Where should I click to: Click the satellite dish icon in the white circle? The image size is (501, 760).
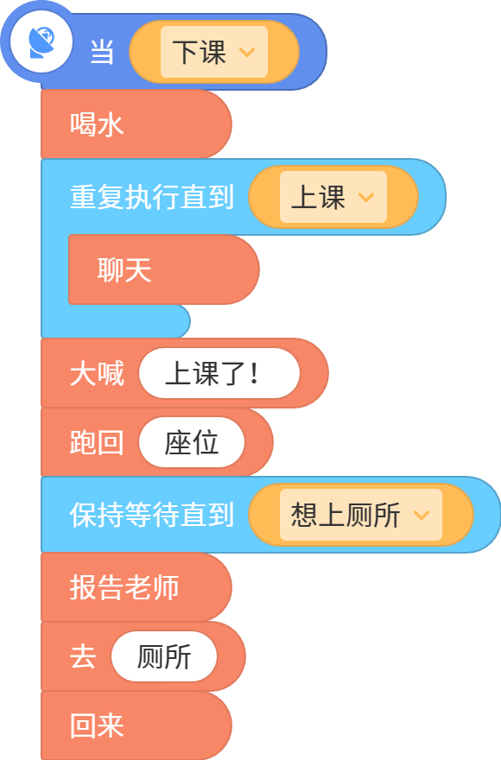coord(41,42)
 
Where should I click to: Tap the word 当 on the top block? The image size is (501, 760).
coord(102,52)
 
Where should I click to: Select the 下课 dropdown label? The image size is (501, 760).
coord(200,52)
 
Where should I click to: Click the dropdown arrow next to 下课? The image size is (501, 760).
coord(247,52)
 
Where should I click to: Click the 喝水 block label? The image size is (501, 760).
coord(97,124)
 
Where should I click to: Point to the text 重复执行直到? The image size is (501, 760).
coord(152,197)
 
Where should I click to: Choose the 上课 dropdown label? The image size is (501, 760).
coord(318,197)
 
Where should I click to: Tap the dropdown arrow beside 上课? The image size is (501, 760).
coord(366,197)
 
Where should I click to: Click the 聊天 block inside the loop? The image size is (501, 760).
coord(124,269)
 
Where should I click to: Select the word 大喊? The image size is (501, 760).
coord(97,373)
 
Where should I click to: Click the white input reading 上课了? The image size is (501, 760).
coord(219,373)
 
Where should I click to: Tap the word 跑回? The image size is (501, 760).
coord(97,442)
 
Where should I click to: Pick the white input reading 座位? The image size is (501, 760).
coord(192,442)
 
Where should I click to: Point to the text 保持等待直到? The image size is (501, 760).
coord(152,515)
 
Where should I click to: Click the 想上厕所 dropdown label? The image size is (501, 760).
coord(346,515)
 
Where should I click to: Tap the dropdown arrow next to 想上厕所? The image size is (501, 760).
coord(422,515)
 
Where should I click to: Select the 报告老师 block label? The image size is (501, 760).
coord(124,587)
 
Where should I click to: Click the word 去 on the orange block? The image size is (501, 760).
coord(83,656)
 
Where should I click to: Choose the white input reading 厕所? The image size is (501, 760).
coord(164,656)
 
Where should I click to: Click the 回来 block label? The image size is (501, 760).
coord(97,725)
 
